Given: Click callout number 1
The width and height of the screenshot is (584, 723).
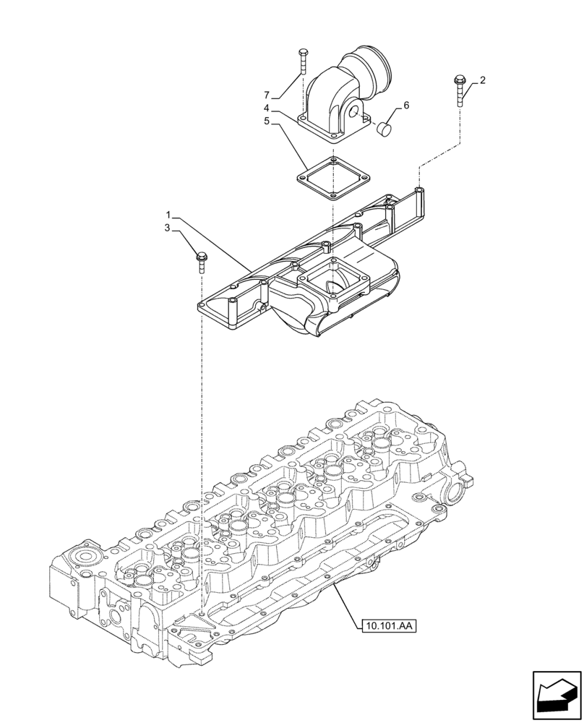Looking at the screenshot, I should point(168,215).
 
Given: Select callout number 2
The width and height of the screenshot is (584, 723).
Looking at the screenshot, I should point(482,80).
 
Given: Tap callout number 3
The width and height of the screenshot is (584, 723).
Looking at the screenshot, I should point(168,228).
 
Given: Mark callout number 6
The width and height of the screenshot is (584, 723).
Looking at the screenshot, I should point(405,106).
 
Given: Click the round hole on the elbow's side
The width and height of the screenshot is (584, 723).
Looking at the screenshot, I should point(354,113).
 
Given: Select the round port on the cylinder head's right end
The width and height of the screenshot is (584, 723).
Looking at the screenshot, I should point(459,496).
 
